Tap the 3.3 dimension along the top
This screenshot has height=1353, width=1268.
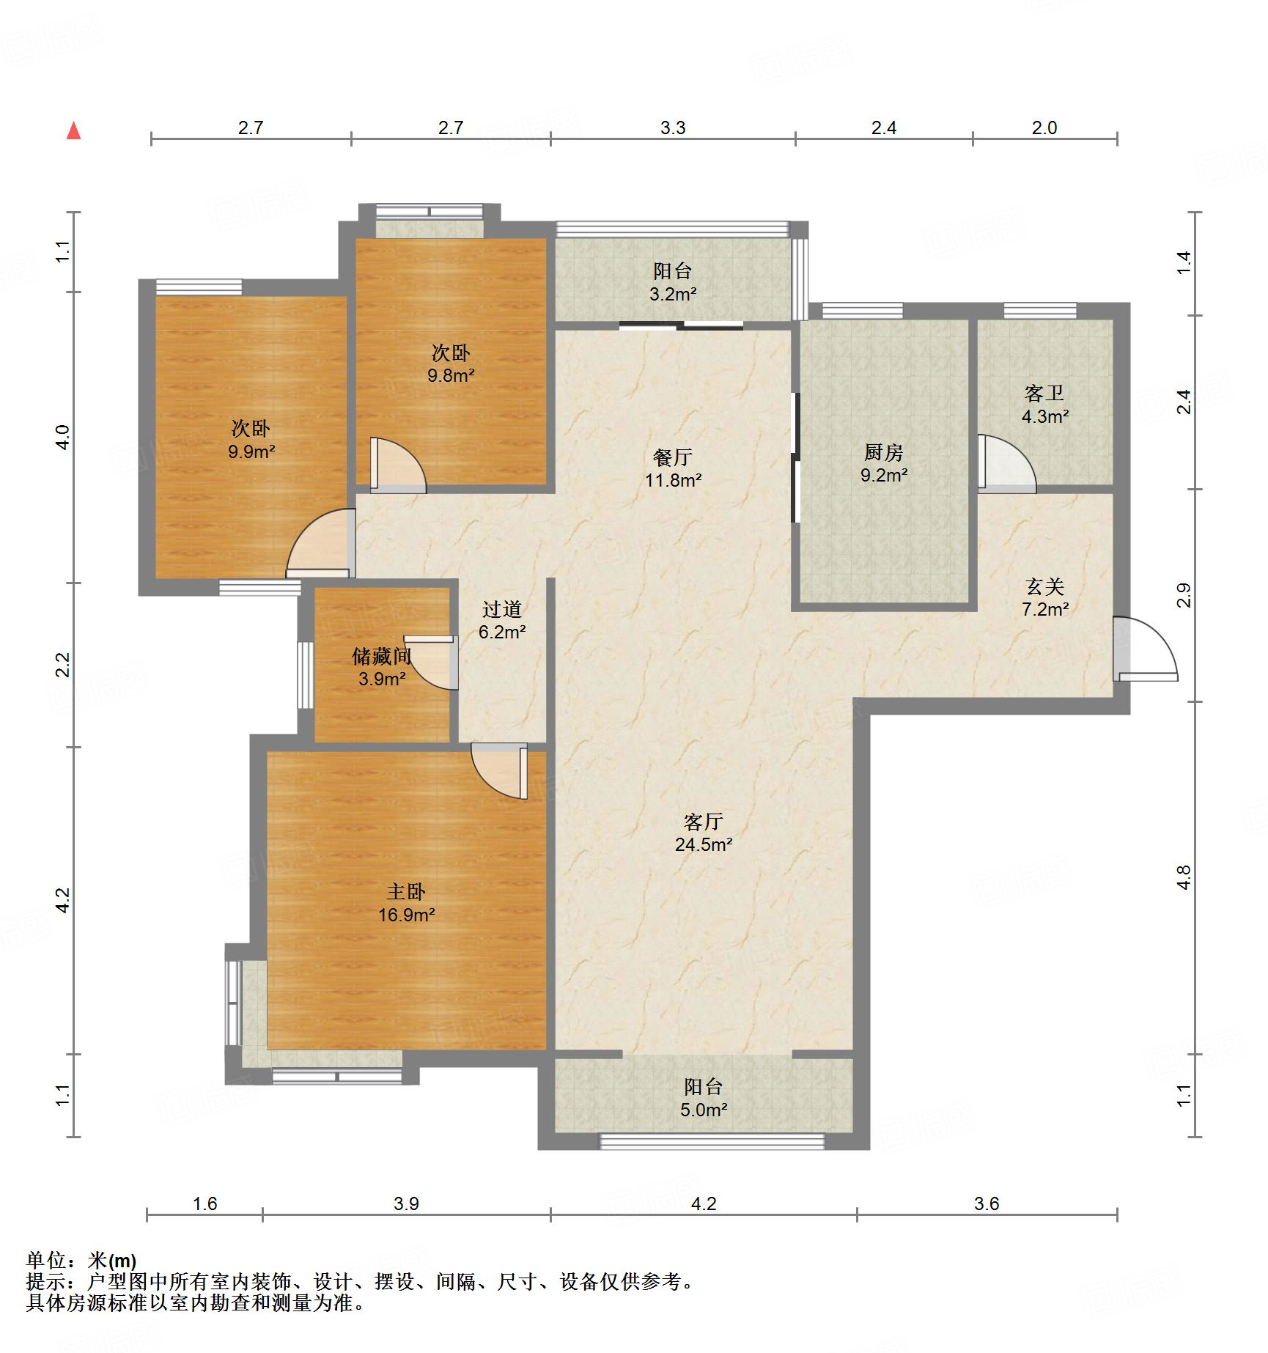pos(672,128)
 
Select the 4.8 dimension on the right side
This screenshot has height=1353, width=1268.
pos(1184,877)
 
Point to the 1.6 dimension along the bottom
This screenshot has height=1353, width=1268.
pos(205,1203)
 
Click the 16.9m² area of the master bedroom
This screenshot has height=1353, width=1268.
pos(407,915)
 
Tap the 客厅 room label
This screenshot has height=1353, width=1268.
pos(703,821)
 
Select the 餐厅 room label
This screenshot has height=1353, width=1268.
pos(672,457)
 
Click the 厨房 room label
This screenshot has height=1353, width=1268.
pos(883,452)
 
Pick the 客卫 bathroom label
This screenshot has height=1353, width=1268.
pos(1044,394)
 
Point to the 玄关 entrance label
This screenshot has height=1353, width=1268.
pos(1044,586)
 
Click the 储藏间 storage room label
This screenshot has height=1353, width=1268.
pos(381,656)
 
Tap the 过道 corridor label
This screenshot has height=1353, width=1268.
pos(502,609)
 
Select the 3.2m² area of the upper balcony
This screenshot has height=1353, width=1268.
pos(673,294)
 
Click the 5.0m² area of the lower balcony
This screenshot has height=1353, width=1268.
pos(704,1110)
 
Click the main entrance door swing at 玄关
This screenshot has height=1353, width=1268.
pos(1145,649)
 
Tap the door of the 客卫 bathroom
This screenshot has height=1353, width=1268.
pos(1006,463)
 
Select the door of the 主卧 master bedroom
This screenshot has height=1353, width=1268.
pos(499,770)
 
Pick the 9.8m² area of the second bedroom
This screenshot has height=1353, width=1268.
pos(451,376)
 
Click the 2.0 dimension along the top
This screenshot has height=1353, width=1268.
pos(1044,128)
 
